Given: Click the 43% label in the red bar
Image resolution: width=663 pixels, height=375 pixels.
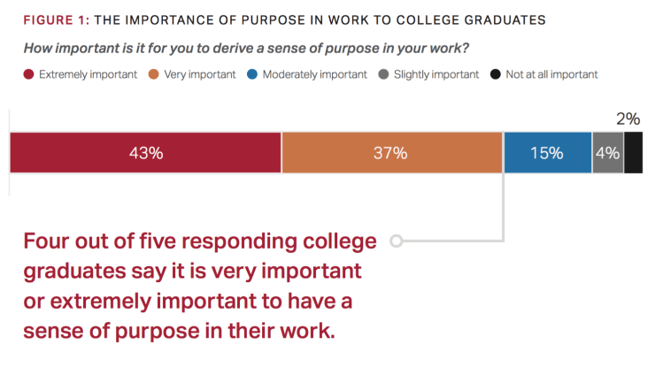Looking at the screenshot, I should click(146, 153).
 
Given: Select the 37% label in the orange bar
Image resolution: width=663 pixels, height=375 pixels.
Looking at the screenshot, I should click(389, 153).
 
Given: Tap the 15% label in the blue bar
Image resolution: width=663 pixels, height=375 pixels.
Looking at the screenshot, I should click(546, 153).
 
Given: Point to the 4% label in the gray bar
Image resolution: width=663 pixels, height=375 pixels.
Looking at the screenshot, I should click(607, 153).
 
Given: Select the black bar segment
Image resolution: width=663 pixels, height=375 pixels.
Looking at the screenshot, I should click(633, 153).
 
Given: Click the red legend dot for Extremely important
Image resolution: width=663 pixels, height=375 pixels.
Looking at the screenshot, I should click(28, 74).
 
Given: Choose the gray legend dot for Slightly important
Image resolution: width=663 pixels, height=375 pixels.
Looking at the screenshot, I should click(382, 74).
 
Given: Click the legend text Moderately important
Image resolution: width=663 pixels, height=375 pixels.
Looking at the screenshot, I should click(314, 74).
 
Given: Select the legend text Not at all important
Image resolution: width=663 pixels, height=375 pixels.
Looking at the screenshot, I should click(551, 74).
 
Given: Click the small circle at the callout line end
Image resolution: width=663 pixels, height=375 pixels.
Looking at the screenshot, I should click(396, 241).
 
